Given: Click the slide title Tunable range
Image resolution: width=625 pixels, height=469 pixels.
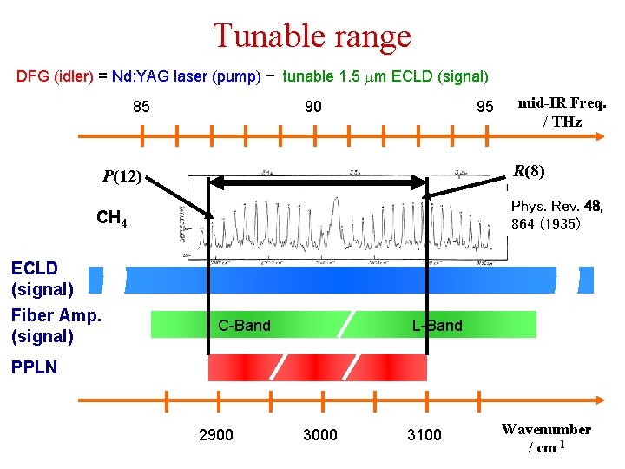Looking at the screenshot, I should (x=312, y=36).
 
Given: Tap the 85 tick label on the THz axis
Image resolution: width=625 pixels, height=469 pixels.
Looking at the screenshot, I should (x=141, y=107).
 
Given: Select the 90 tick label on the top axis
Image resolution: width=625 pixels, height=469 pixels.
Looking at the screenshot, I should (x=312, y=107).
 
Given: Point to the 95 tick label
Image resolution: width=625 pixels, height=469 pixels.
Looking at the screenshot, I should (x=484, y=107).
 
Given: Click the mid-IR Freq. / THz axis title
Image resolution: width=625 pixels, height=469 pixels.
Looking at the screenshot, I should (x=562, y=112).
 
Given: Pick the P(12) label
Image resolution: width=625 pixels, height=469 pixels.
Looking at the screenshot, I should (x=122, y=176).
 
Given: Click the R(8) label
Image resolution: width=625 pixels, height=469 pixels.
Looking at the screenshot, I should (x=529, y=171).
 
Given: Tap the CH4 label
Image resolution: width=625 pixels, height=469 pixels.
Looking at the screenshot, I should (x=112, y=218).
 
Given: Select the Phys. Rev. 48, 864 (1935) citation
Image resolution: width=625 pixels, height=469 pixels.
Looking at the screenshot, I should (x=557, y=215).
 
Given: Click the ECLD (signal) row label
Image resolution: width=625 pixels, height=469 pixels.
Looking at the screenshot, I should (x=42, y=278).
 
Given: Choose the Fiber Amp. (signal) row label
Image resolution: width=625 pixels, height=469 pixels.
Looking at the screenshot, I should (x=56, y=326).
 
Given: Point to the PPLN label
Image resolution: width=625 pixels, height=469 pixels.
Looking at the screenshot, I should (x=34, y=367).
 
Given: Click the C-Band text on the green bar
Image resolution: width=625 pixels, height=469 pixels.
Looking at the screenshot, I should (x=244, y=326).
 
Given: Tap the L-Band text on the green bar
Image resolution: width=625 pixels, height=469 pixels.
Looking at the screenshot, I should (x=437, y=326).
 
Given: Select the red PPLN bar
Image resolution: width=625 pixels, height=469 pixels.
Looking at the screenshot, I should (x=318, y=367).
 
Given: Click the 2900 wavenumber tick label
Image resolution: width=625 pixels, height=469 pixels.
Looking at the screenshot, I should (x=216, y=434).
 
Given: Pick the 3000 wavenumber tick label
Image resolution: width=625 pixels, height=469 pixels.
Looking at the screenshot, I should (x=320, y=434).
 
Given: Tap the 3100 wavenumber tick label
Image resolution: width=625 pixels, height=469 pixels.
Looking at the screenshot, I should (x=424, y=434).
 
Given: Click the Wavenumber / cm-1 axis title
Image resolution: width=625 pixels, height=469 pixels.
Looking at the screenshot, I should (x=546, y=438).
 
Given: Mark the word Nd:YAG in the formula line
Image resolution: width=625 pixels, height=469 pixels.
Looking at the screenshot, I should (x=141, y=76).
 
